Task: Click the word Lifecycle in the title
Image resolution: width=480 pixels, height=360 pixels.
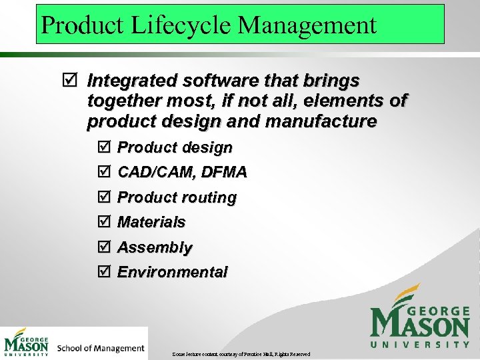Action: (179, 25)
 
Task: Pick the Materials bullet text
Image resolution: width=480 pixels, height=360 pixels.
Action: (151, 222)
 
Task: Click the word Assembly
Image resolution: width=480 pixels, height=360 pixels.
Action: (155, 247)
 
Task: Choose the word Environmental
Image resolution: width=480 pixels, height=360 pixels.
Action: (173, 272)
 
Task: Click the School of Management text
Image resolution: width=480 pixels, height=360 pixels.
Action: (101, 347)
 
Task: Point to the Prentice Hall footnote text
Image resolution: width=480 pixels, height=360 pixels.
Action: (241, 353)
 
